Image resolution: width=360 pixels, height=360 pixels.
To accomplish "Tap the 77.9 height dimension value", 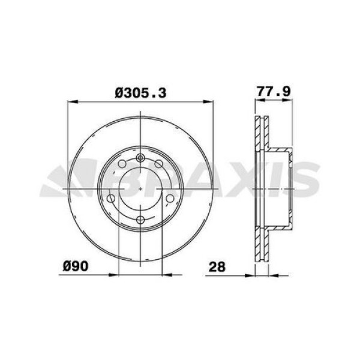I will [274, 92].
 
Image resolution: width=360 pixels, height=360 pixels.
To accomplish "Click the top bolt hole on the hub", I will [140, 158].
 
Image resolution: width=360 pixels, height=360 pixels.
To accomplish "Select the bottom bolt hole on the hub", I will [140, 220].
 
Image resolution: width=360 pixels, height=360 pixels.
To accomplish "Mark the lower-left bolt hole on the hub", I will [112, 199].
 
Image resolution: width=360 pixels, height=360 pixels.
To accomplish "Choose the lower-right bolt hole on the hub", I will [169, 199].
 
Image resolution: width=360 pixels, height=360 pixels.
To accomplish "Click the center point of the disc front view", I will [140, 188].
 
